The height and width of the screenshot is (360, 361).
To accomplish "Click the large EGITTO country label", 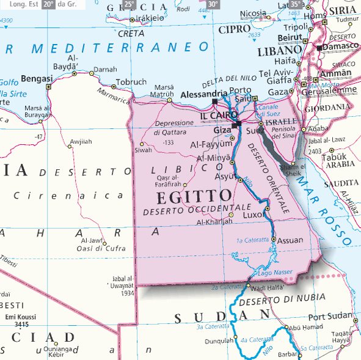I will [x=194, y=197].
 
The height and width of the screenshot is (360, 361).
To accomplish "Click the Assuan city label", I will [x=290, y=240].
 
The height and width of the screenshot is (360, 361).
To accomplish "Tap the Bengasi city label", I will [x=37, y=78].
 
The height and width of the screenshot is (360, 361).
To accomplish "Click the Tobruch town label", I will [x=131, y=82].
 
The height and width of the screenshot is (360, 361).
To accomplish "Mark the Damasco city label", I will [x=341, y=46].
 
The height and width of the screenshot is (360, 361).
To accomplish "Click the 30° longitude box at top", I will [x=212, y=4].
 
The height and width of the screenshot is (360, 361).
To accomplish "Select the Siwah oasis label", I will [x=143, y=150].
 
